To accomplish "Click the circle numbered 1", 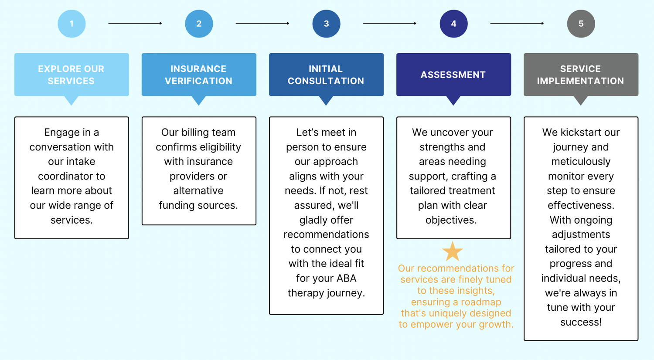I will click(72, 24).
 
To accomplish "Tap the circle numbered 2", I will click(199, 24).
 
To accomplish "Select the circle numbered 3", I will click(326, 24).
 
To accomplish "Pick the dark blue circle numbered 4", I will click(453, 24).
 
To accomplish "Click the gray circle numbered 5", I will click(581, 24).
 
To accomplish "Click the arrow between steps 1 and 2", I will click(135, 24).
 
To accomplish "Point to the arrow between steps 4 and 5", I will click(517, 24).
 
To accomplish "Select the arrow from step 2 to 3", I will click(262, 24).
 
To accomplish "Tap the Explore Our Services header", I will click(72, 75).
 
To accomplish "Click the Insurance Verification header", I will click(199, 75).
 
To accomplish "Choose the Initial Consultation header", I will click(326, 75).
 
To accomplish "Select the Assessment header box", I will click(453, 75).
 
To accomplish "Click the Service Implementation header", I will click(581, 75).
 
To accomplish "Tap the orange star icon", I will click(453, 251).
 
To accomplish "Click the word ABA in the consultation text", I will click(346, 278).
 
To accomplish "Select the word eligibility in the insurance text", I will click(217, 147).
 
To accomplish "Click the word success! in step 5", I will click(581, 322).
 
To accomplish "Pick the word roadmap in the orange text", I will click(481, 302).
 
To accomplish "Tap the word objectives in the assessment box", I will click(450, 220).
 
